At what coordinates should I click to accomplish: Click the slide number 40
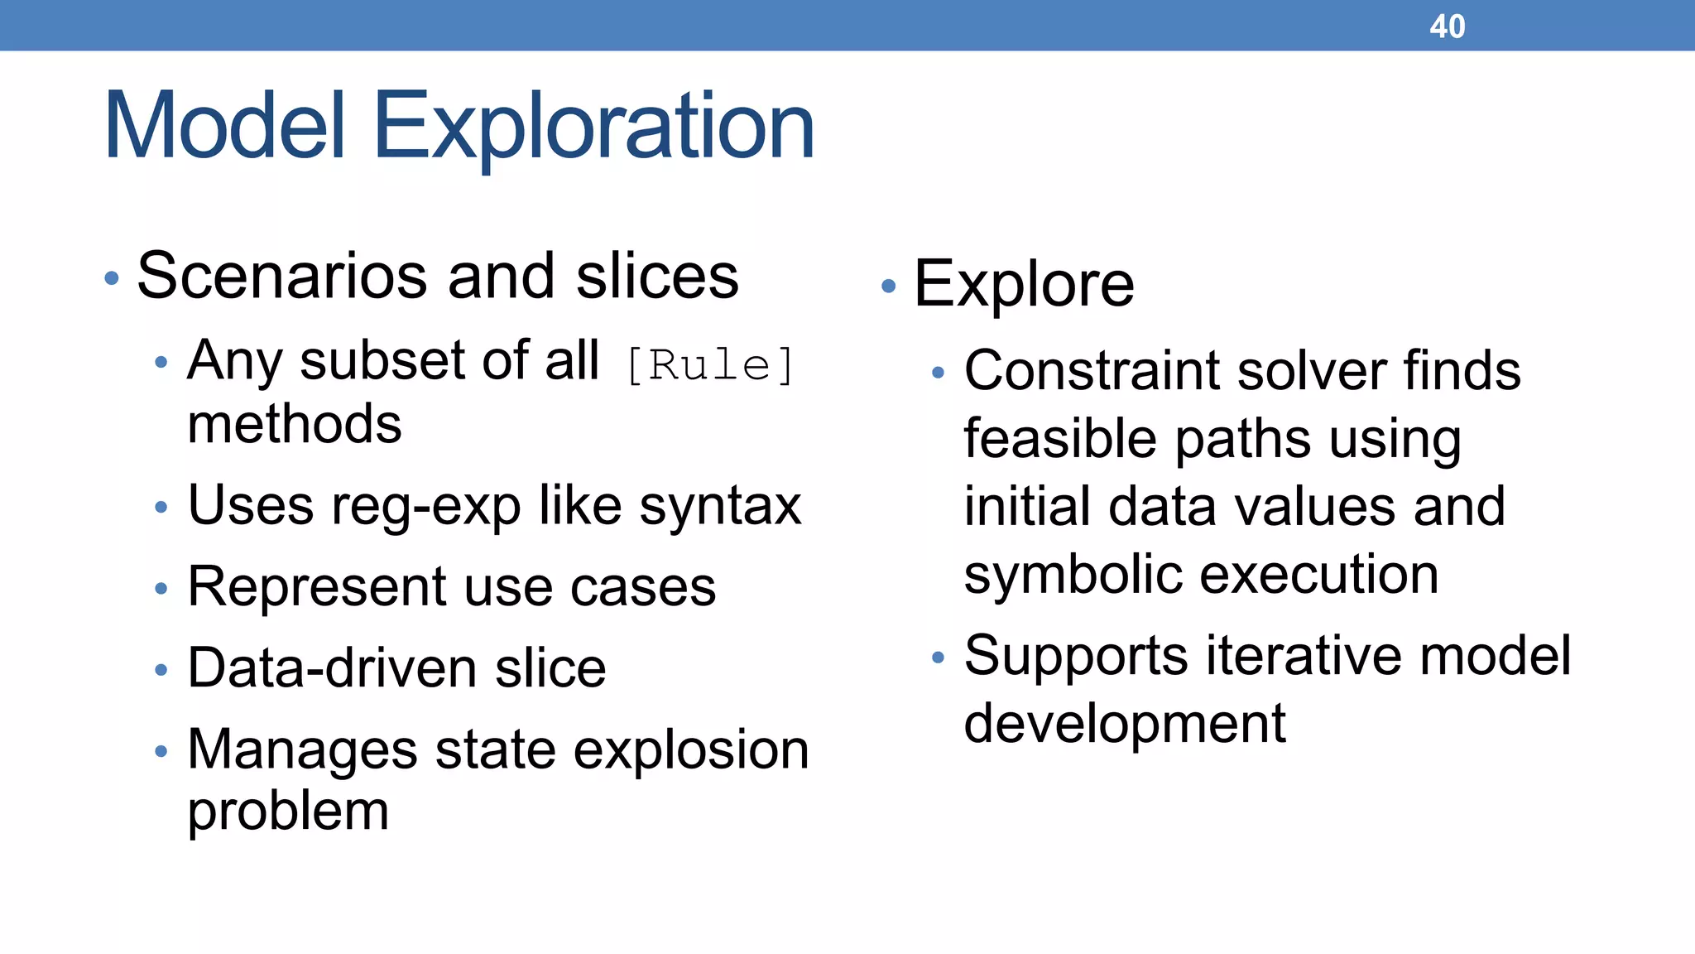point(1447,26)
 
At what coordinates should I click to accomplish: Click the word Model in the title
point(223,126)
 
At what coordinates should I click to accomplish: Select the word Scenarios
point(282,276)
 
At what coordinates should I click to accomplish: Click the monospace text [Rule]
point(710,365)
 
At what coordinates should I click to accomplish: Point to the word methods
point(295,424)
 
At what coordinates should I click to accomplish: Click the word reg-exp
point(425,506)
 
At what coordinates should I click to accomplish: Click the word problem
point(288,812)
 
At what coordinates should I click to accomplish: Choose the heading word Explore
point(1024,285)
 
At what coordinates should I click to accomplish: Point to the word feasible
point(1060,438)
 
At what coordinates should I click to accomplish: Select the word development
point(1125,724)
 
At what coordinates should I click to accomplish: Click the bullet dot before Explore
point(889,287)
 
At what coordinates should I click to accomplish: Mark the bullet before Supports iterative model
point(938,658)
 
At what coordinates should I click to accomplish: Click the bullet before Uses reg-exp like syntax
point(161,507)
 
